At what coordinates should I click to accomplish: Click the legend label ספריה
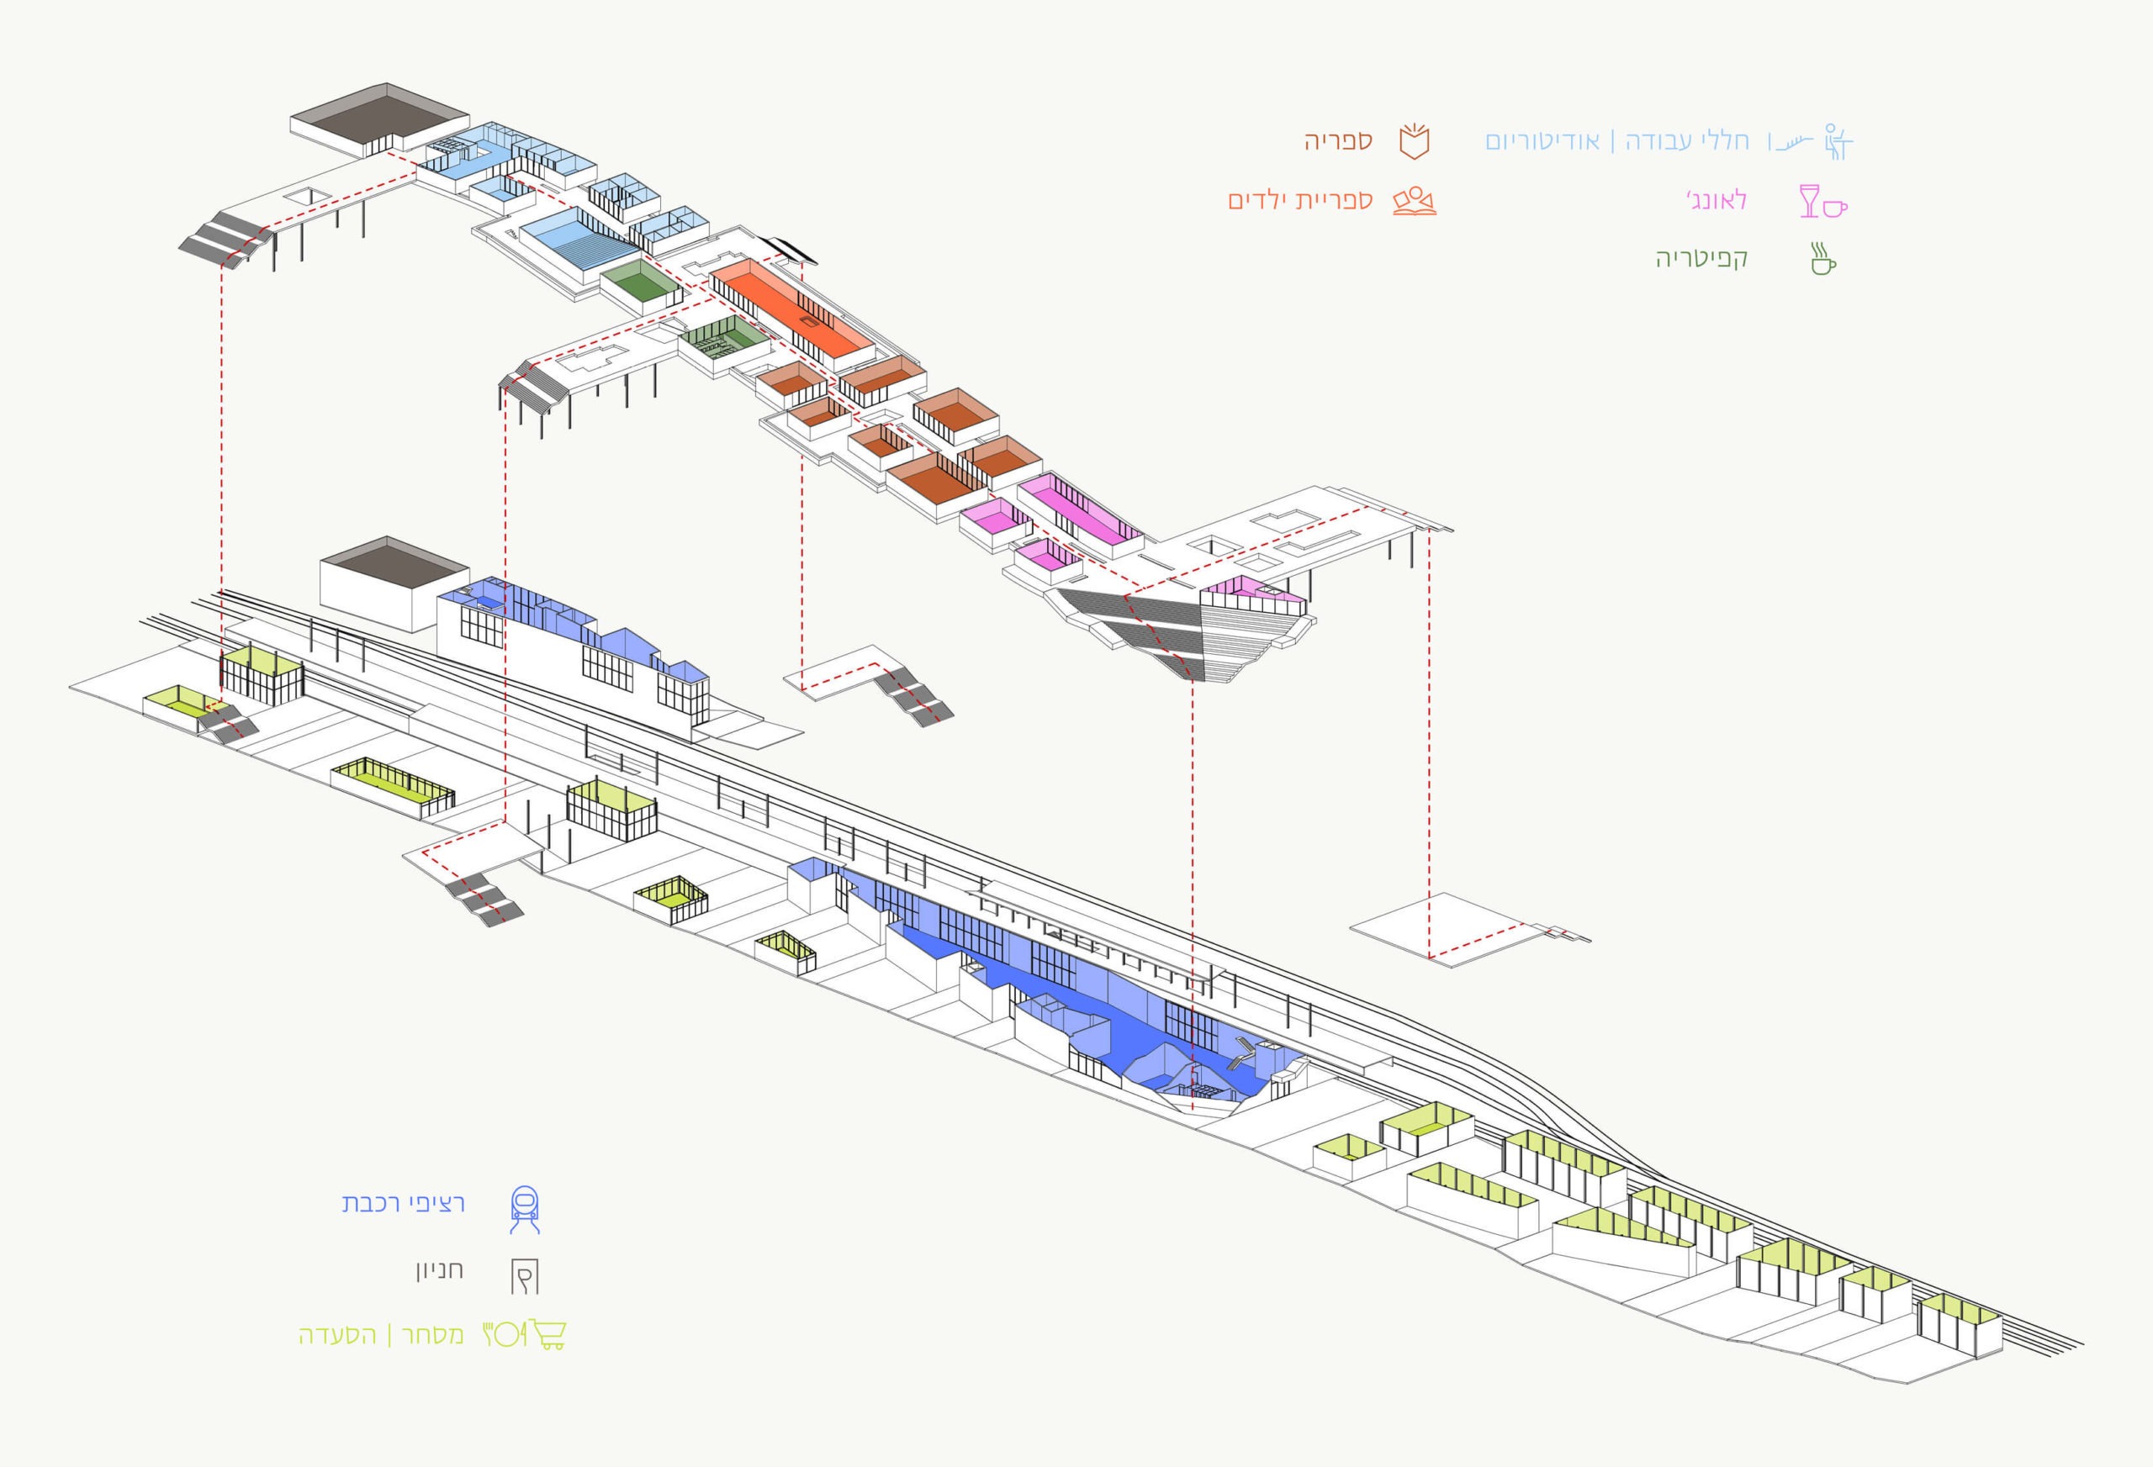tap(1338, 140)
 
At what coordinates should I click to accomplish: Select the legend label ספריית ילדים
tap(1299, 201)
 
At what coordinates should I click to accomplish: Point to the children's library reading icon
tap(1415, 202)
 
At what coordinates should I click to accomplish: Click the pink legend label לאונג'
tap(1716, 200)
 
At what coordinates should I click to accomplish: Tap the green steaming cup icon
tap(1822, 259)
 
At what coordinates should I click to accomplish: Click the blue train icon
tap(526, 1209)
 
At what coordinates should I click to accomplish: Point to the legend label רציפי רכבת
tap(403, 1203)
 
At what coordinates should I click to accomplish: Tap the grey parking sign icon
tap(524, 1275)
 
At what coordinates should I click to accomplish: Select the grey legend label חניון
tap(439, 1269)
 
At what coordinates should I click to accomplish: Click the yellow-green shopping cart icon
tap(549, 1334)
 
